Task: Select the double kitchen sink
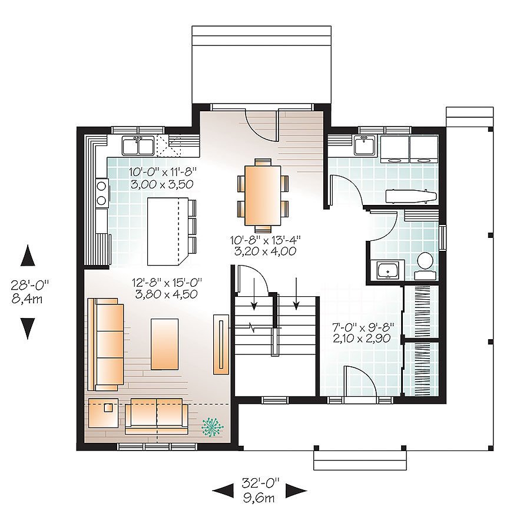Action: pyautogui.click(x=138, y=144)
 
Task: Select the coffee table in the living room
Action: pyautogui.click(x=165, y=343)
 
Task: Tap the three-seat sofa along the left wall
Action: pyautogui.click(x=107, y=344)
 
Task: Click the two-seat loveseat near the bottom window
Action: pyautogui.click(x=156, y=415)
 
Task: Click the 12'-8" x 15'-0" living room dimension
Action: pyautogui.click(x=164, y=289)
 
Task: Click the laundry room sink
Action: pyautogui.click(x=366, y=144)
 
